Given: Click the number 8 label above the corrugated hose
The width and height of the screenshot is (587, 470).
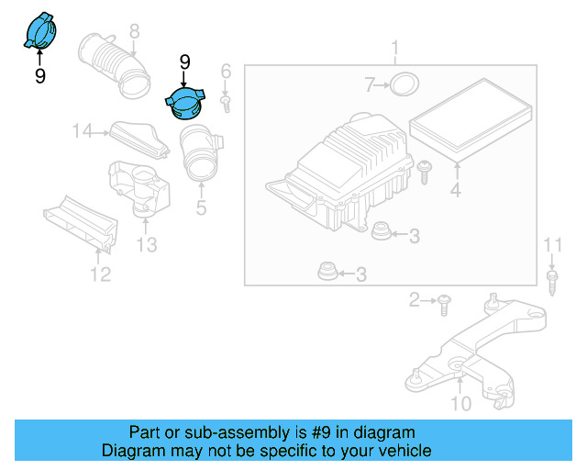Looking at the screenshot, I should [134, 31].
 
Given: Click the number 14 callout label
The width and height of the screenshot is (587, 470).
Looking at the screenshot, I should [83, 132].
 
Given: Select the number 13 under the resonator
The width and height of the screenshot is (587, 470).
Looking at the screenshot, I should [147, 244].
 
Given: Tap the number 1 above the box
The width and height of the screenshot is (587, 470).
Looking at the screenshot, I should [394, 47].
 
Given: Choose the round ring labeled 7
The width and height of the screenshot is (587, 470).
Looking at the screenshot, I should [402, 85].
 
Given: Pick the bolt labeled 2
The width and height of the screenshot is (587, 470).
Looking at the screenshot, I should [445, 299].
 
